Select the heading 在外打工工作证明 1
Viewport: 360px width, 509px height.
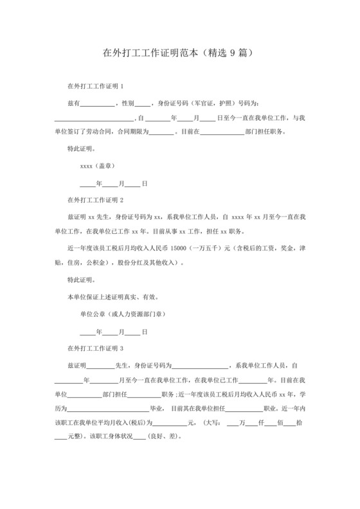point(95,86)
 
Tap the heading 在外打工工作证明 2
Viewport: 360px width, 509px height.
point(95,199)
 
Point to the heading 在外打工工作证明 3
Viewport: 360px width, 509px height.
point(95,348)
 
